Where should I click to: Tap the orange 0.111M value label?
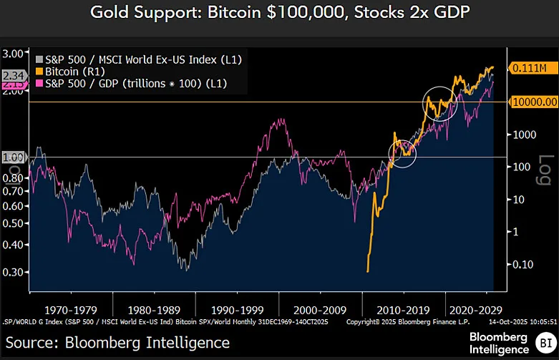click(x=530, y=68)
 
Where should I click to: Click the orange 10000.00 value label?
click(x=533, y=102)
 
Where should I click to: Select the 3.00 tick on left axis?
click(x=14, y=54)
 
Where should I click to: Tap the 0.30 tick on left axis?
click(x=14, y=273)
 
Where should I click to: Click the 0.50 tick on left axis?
click(x=14, y=223)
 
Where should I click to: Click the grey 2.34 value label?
click(x=14, y=75)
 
